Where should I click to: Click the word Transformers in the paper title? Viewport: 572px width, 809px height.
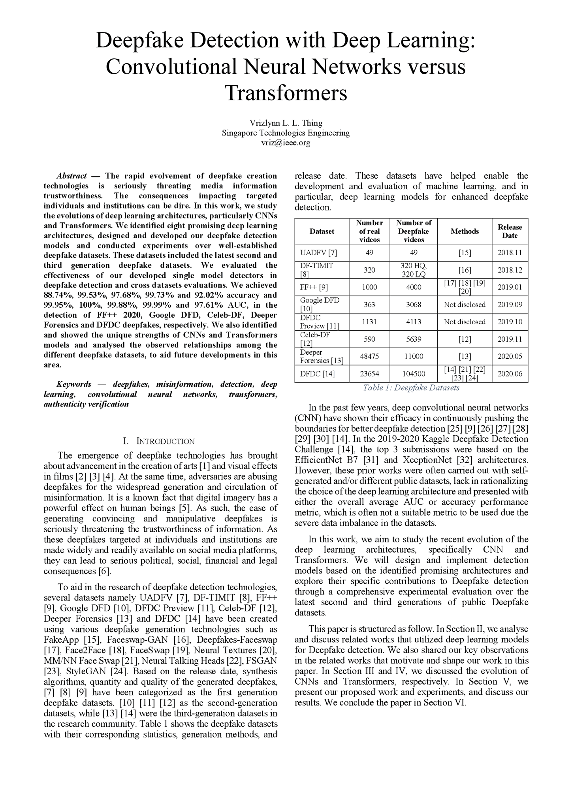[x=286, y=93]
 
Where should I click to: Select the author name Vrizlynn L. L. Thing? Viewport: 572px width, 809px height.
[x=286, y=123]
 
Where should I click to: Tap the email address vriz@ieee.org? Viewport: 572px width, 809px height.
[x=286, y=143]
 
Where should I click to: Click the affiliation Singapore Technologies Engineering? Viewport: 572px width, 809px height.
[x=286, y=133]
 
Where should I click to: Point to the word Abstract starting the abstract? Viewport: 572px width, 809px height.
[x=71, y=176]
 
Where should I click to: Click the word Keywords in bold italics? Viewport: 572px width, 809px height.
[x=74, y=384]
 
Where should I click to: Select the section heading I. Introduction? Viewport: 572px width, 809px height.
[x=159, y=441]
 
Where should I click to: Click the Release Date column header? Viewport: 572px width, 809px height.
[x=510, y=231]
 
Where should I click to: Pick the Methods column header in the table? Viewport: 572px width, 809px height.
[x=465, y=231]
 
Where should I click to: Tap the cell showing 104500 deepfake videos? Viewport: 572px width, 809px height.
[x=414, y=374]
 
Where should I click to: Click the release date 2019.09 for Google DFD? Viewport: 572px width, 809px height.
[x=510, y=305]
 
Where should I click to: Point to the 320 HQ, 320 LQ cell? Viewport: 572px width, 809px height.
[x=414, y=270]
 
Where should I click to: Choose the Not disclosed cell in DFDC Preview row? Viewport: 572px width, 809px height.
[x=465, y=322]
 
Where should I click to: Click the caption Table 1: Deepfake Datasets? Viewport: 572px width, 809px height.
[x=411, y=388]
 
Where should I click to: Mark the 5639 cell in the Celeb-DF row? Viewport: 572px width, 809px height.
[x=414, y=339]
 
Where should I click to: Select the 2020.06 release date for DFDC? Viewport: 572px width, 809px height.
[x=510, y=374]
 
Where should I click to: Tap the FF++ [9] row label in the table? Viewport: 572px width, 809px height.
[x=314, y=287]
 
